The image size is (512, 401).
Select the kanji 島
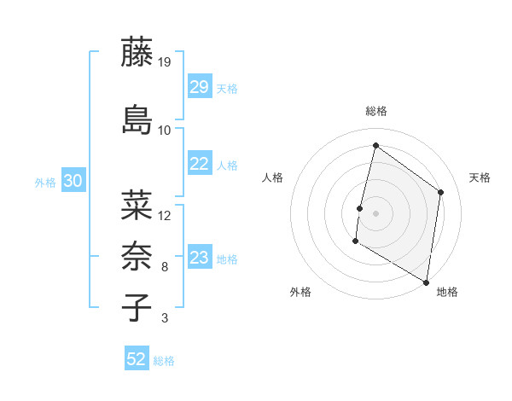tap(137, 119)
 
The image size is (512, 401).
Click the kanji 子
tap(137, 307)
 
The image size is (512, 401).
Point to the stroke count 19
tap(165, 61)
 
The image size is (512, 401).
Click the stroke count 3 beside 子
tap(165, 319)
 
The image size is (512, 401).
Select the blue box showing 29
tap(199, 87)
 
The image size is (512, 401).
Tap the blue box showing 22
tap(199, 165)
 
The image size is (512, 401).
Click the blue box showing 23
tap(199, 258)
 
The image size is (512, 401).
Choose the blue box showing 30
tap(73, 181)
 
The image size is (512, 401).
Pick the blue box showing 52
tap(136, 359)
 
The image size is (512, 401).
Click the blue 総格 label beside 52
tap(164, 361)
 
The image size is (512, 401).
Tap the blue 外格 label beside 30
tap(45, 182)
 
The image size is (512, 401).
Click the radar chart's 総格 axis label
tap(375, 111)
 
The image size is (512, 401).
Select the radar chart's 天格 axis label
tap(480, 177)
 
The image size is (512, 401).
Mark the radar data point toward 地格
tap(426, 282)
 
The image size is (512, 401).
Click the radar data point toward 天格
tap(441, 192)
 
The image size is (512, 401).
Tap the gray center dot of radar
tap(375, 212)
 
